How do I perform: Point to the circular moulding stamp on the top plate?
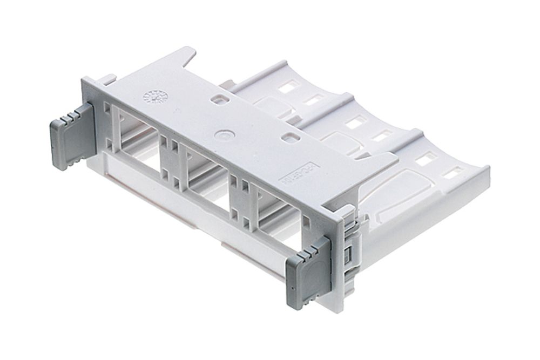(x=155, y=98)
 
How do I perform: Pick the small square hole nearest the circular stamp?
(x=218, y=99)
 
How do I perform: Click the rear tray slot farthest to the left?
(x=288, y=86)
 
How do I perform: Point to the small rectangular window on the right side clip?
(x=349, y=254)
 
